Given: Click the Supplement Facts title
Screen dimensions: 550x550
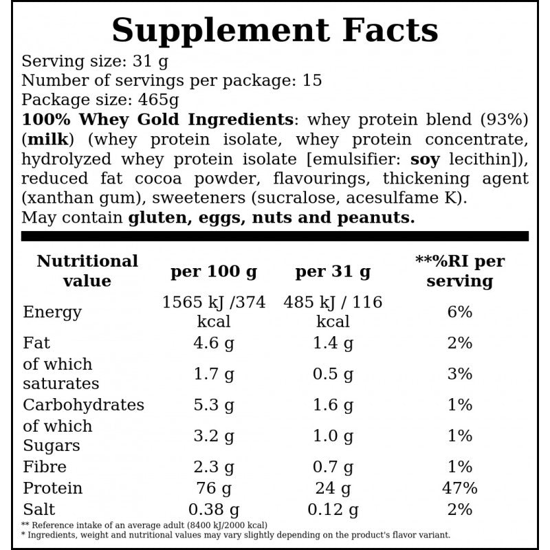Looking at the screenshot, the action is [x=275, y=30].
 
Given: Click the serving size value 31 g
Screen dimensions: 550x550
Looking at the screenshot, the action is [x=151, y=62].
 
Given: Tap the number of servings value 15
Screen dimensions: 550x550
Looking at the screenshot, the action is [x=312, y=80].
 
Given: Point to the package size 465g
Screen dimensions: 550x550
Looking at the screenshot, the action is [x=158, y=100].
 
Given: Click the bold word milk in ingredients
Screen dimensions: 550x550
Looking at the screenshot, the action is [x=47, y=140].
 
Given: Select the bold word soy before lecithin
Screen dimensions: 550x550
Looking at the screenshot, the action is [x=425, y=159].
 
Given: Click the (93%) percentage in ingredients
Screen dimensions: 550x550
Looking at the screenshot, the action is [x=504, y=120].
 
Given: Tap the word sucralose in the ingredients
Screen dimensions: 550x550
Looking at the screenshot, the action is [x=298, y=198].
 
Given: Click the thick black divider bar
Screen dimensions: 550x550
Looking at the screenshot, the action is [x=274, y=236].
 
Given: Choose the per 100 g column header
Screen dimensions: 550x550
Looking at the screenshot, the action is [x=214, y=272].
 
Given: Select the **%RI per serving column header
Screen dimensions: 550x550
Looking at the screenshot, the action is [x=460, y=271].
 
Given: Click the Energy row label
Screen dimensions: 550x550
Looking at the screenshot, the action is [x=52, y=312].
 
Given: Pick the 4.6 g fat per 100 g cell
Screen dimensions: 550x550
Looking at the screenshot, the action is [x=214, y=343].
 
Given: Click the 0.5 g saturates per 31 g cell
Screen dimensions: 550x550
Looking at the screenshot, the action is [x=333, y=374].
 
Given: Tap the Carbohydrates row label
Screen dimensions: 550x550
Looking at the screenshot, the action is [x=83, y=405].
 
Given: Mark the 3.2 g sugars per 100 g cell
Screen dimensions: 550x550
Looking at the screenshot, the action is [x=214, y=436].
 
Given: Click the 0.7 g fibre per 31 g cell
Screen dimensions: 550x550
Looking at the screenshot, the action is [x=333, y=467].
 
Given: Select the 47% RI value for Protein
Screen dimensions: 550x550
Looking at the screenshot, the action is [x=460, y=488].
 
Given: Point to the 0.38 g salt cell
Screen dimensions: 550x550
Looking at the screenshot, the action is [x=214, y=509].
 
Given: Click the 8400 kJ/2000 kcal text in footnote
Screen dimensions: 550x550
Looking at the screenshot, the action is [x=227, y=525].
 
